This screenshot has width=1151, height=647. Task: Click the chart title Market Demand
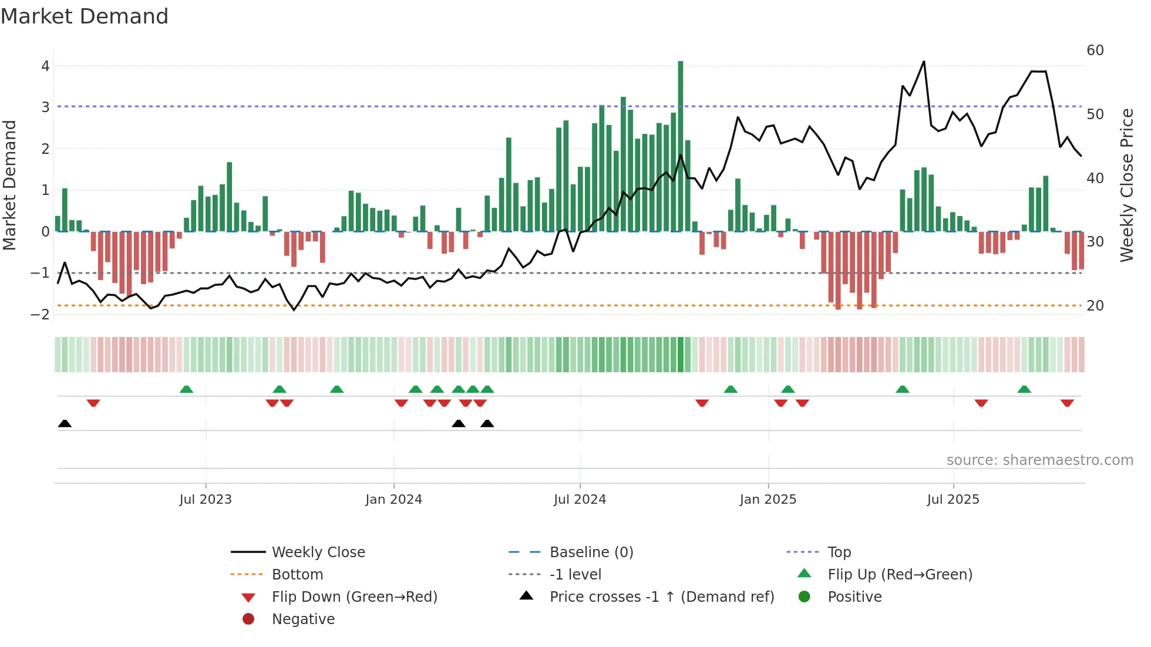(85, 16)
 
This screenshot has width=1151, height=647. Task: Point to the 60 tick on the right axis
(1095, 50)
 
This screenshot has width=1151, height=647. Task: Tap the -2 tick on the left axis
(41, 314)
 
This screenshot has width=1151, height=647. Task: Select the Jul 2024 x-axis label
(580, 500)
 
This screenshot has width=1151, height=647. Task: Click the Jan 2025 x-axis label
(768, 500)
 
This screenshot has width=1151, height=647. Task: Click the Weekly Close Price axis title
(1126, 185)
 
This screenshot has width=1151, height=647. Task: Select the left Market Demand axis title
(9, 185)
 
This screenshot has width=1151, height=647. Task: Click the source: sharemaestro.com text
(1039, 460)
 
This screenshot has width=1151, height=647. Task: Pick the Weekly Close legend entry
(318, 552)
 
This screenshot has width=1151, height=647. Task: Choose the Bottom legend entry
(297, 575)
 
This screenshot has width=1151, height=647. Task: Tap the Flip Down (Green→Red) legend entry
(354, 597)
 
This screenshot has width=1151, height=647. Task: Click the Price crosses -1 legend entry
(662, 597)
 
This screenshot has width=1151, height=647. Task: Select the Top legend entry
(839, 552)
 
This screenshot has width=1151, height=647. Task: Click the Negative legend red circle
(248, 619)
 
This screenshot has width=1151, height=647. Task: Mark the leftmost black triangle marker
(65, 424)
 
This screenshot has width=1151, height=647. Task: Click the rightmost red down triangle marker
(1067, 403)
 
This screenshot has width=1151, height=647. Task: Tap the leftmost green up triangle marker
(186, 389)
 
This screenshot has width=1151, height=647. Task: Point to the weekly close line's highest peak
(923, 62)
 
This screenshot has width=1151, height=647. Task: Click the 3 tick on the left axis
(45, 107)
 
